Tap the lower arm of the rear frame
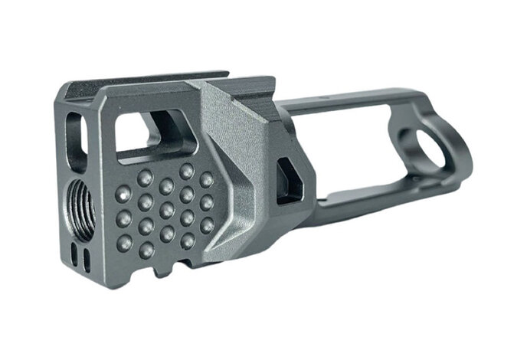click(x=360, y=199)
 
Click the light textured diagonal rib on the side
click(x=234, y=176)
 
